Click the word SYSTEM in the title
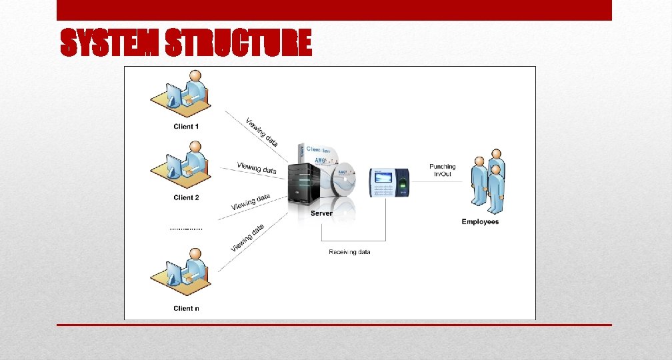[109, 45]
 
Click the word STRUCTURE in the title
[238, 45]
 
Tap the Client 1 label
[186, 127]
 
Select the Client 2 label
[186, 197]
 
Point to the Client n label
[186, 308]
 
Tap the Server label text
[321, 213]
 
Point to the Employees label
[480, 222]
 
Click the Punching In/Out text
[442, 170]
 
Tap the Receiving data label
[349, 252]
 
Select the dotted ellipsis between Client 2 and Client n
[186, 229]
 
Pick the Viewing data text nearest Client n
[247, 238]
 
